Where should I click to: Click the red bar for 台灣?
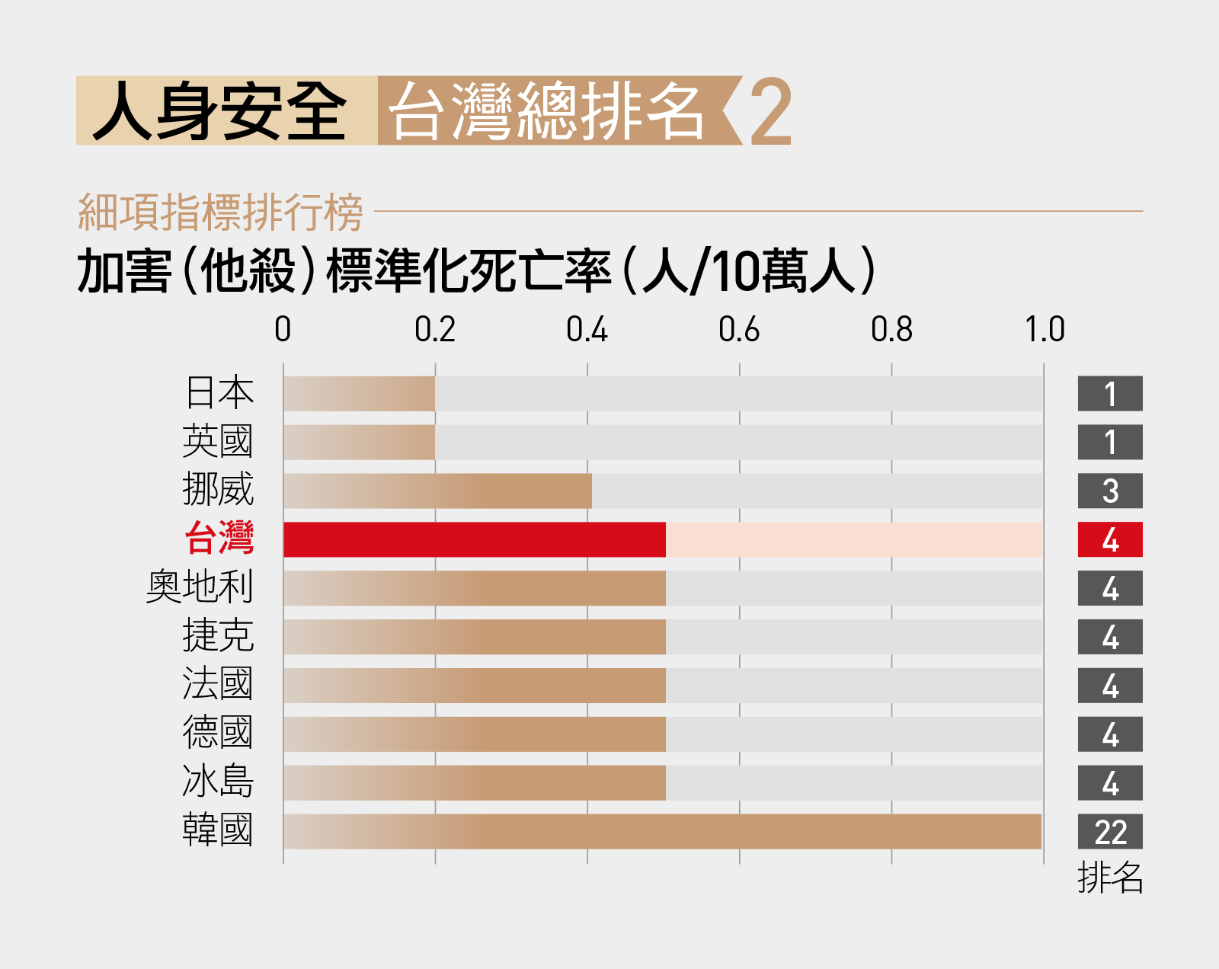tap(475, 539)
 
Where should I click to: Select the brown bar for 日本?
tap(359, 393)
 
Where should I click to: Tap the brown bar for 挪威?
tap(437, 491)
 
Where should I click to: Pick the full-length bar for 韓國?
tap(663, 831)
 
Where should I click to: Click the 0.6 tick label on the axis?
tap(739, 330)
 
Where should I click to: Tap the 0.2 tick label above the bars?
tap(435, 330)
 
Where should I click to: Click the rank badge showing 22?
tap(1110, 831)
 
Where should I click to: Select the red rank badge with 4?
tap(1110, 539)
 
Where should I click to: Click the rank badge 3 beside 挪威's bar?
tap(1110, 491)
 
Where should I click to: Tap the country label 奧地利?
tap(200, 587)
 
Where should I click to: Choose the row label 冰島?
tap(218, 782)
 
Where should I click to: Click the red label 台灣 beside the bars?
tap(219, 539)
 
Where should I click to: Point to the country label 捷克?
tap(218, 636)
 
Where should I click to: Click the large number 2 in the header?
tap(771, 112)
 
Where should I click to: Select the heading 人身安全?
tap(219, 110)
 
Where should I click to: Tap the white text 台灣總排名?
tap(546, 110)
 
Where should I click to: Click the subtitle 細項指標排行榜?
tap(220, 213)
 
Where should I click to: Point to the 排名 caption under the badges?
tap(1110, 878)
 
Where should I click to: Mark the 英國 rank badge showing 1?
tap(1110, 442)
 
